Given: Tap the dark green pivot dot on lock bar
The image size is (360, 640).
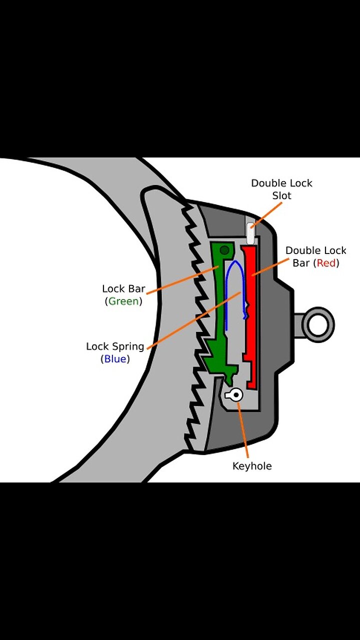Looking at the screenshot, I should click(x=225, y=249).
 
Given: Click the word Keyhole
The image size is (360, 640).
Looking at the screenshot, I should click(x=252, y=466).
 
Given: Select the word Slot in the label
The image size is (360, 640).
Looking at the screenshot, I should click(x=281, y=195).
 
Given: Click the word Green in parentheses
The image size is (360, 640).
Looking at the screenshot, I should click(x=123, y=301).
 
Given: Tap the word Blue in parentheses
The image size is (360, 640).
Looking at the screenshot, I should click(x=115, y=359).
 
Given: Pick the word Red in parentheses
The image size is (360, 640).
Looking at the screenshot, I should click(x=326, y=263).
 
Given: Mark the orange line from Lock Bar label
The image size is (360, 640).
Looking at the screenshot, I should click(x=182, y=278).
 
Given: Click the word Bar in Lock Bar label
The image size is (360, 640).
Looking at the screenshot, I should click(x=137, y=288).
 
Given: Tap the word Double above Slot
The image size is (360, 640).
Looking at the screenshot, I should click(x=268, y=183).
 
